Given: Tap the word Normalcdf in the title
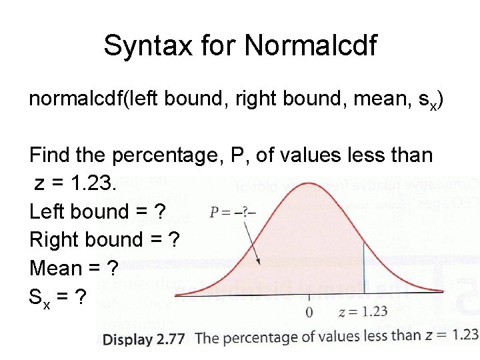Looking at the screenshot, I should click(x=311, y=46).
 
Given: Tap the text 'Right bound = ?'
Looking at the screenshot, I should click(x=104, y=239).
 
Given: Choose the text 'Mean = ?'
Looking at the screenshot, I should click(x=74, y=268).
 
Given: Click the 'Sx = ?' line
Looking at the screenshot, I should click(x=57, y=297).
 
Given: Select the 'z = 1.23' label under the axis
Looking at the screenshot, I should click(x=363, y=311).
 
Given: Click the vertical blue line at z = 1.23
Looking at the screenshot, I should click(x=363, y=267).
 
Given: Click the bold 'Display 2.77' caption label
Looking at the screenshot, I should click(x=143, y=339).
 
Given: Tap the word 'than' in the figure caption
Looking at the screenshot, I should click(x=406, y=336).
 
